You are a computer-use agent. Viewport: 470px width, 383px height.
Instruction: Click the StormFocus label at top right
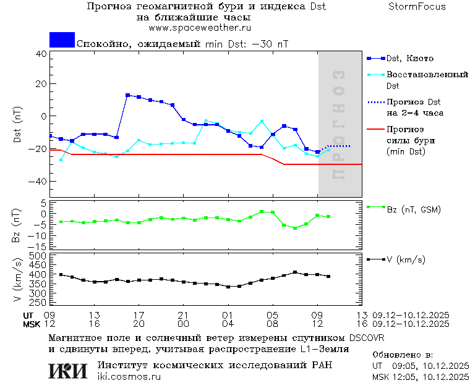click(417, 7)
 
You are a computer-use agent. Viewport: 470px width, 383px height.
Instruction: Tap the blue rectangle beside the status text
click(62, 40)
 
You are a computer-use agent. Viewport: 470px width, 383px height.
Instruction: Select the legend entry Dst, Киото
click(409, 59)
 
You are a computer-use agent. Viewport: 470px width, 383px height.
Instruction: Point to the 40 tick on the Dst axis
click(41, 53)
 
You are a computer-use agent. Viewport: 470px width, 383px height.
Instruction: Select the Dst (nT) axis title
click(18, 125)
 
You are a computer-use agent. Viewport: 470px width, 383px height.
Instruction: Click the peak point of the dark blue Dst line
click(127, 95)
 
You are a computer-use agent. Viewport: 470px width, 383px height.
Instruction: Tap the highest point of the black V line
click(295, 272)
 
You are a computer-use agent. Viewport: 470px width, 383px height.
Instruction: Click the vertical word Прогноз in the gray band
click(338, 125)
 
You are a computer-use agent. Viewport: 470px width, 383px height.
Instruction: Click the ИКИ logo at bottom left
click(67, 371)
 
